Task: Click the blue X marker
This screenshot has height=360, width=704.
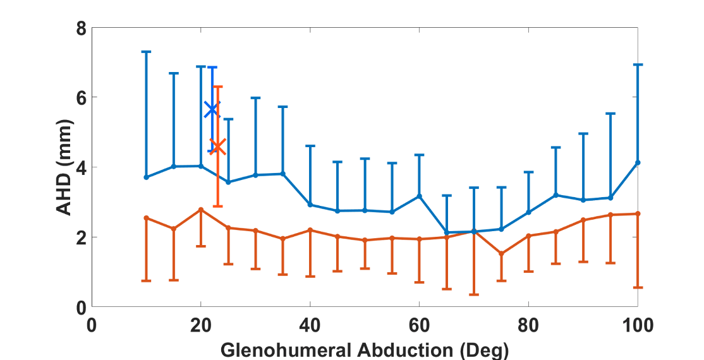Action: [212, 109]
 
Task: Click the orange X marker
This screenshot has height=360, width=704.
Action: [217, 147]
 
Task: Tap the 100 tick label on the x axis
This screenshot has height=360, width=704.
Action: [637, 326]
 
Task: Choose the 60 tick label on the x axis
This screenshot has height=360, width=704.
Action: [419, 326]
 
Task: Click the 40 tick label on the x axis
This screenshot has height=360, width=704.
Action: [310, 326]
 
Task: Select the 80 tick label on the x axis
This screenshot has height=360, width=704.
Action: [528, 326]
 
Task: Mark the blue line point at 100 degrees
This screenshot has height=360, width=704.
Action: [638, 162]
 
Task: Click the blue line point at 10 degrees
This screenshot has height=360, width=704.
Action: [146, 177]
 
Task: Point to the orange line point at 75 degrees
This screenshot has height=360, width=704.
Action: [501, 253]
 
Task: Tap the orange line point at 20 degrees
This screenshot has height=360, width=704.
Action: [201, 210]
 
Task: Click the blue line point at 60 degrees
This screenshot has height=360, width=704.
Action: [419, 196]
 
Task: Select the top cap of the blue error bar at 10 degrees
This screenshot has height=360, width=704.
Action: [146, 52]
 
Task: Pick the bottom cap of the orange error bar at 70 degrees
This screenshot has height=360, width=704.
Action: [474, 294]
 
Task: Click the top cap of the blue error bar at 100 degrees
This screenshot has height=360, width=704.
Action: [638, 64]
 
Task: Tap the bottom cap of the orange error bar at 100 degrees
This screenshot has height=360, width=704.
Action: [638, 287]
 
